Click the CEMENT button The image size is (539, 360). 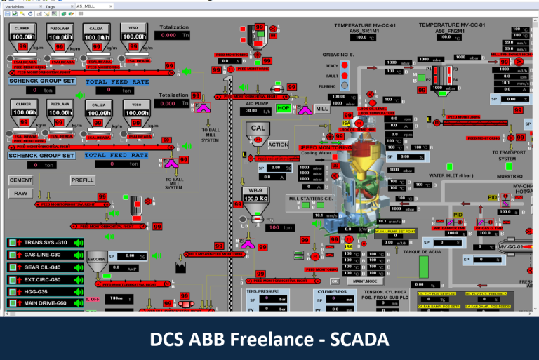[x=20, y=180]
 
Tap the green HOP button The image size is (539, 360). [x=283, y=109]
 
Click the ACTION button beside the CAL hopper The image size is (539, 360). [x=278, y=145]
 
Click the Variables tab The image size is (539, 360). [x=18, y=5]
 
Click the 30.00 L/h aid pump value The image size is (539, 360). [x=251, y=111]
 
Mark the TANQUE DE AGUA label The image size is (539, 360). [x=417, y=250]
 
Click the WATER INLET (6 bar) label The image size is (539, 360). [x=457, y=175]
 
